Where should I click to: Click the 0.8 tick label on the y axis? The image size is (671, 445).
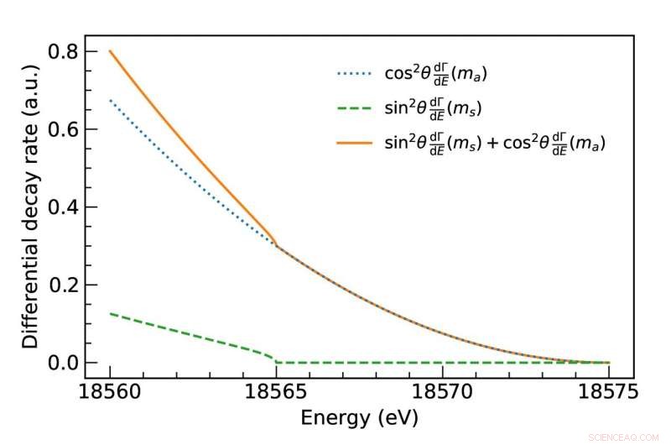(64, 52)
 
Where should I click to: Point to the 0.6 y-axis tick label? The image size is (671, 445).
(64, 129)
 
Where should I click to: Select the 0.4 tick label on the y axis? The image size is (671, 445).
(64, 207)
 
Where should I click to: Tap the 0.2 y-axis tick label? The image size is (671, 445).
(64, 285)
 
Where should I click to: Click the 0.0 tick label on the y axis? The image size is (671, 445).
(64, 363)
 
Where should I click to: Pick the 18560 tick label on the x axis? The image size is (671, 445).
(110, 391)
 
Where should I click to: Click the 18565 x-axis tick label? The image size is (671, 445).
(276, 391)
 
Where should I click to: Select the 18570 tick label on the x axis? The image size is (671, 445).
(442, 391)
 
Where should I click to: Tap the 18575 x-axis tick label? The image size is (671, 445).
(608, 391)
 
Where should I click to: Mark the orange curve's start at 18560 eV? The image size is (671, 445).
(110, 51)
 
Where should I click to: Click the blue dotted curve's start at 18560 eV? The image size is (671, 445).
(110, 100)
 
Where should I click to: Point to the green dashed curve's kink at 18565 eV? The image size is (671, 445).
(276, 362)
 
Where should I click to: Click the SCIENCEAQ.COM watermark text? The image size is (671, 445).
(629, 436)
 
